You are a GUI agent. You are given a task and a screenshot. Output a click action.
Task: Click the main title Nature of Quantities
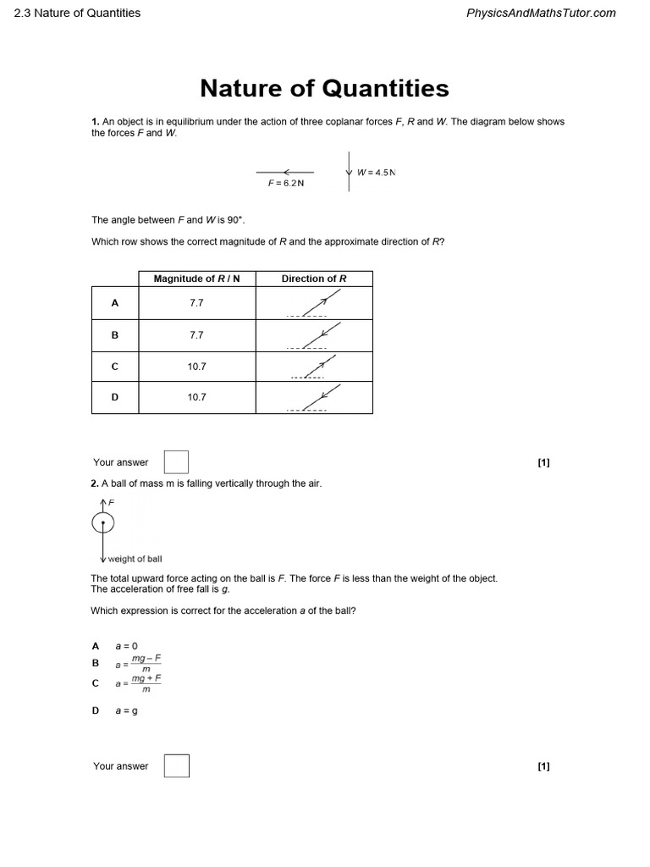tap(324, 88)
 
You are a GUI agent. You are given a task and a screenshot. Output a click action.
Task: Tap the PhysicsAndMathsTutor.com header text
tap(541, 13)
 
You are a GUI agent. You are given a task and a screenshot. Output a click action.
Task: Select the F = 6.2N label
tap(286, 183)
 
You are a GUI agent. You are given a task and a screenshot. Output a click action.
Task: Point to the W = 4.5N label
tap(376, 173)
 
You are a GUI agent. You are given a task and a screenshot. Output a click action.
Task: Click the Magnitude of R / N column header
tap(196, 279)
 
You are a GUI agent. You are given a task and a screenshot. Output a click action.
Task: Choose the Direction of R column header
tap(314, 279)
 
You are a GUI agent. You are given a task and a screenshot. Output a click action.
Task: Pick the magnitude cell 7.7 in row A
tap(196, 302)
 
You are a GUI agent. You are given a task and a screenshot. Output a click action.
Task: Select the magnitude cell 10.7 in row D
tap(196, 397)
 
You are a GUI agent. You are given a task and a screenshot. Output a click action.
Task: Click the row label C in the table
tap(115, 367)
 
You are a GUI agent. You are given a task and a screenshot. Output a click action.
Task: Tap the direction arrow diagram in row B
tap(314, 335)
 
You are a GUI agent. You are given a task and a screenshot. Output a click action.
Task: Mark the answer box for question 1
tap(176, 462)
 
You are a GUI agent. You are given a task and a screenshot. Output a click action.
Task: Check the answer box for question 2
tap(176, 766)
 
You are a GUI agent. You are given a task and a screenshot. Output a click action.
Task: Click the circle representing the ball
tap(103, 524)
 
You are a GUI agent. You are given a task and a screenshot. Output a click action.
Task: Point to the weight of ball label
tap(135, 559)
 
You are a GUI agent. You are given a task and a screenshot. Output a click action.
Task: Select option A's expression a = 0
tap(126, 646)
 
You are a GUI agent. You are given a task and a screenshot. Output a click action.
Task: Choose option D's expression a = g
tap(126, 710)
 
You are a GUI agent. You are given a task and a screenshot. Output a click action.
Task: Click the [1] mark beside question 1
tap(543, 462)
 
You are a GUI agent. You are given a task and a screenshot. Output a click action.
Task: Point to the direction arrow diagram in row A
tap(314, 303)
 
